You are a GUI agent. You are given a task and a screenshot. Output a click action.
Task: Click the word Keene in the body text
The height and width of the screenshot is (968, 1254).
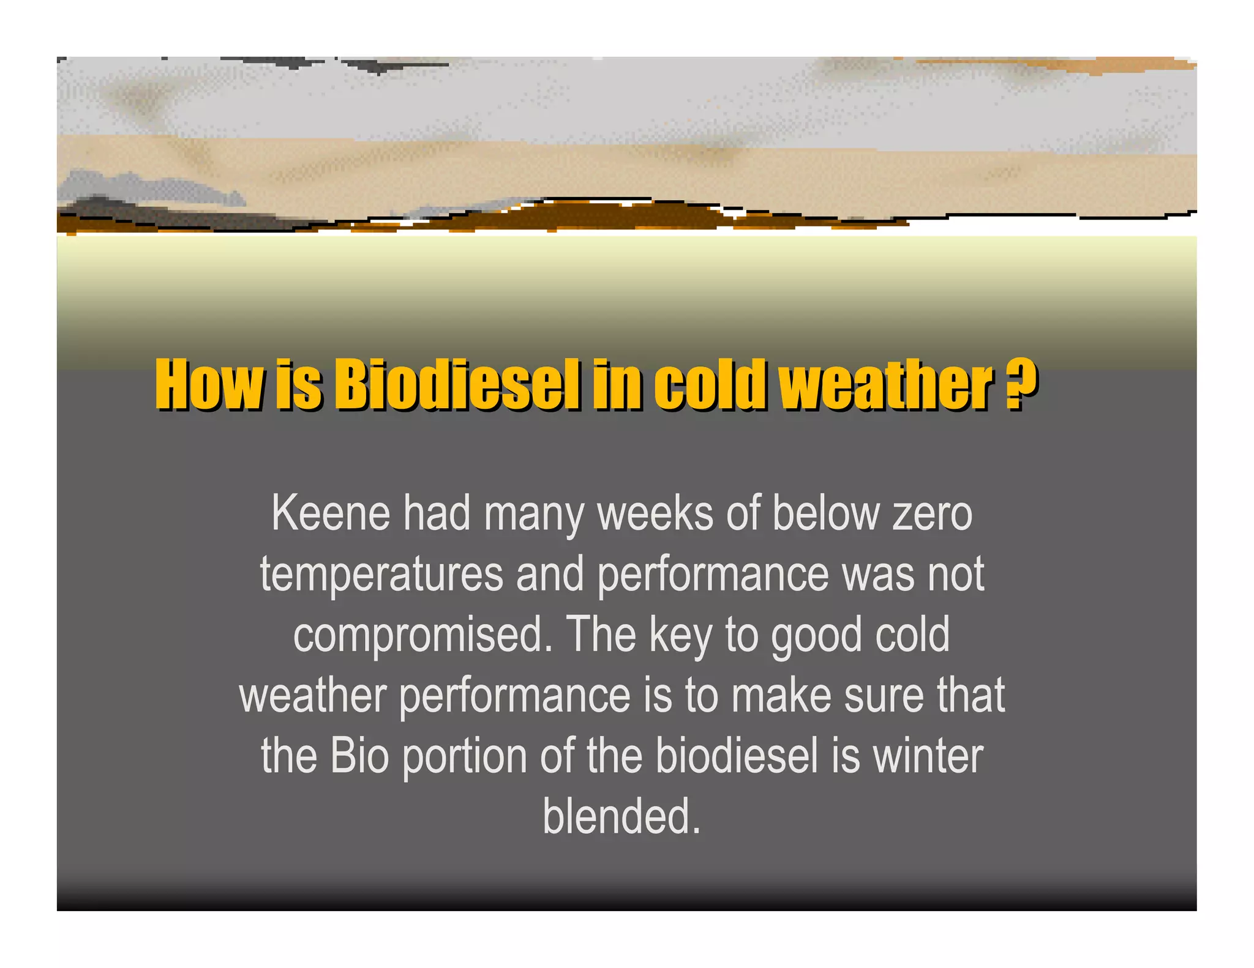tap(331, 514)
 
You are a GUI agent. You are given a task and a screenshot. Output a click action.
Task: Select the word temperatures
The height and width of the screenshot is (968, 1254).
tap(381, 575)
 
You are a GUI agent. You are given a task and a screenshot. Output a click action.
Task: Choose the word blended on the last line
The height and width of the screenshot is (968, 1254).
tap(621, 817)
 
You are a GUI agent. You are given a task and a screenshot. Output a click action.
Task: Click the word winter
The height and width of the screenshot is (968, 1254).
tap(927, 756)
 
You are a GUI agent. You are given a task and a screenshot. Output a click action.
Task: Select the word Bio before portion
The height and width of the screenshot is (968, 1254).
tap(359, 756)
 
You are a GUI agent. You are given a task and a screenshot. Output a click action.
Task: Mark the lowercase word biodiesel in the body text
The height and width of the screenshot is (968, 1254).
tap(737, 756)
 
